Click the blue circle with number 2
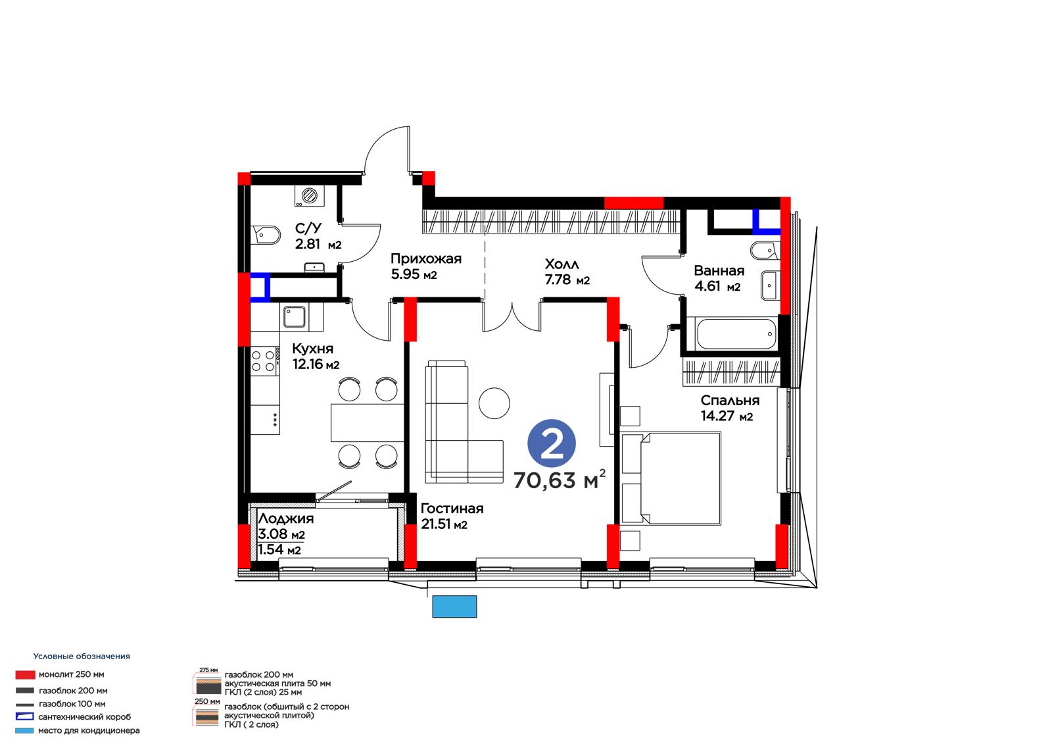(x=552, y=443)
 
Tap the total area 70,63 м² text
(x=560, y=480)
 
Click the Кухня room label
(x=313, y=349)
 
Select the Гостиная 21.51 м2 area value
(x=444, y=524)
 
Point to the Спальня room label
(x=730, y=401)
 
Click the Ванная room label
(x=719, y=271)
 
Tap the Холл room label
(x=562, y=264)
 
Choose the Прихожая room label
(x=426, y=259)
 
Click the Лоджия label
(x=286, y=519)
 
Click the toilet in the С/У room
(x=266, y=235)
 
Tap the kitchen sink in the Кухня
(x=295, y=317)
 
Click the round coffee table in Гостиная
(x=494, y=403)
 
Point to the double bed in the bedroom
(x=671, y=478)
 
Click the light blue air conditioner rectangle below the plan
(x=454, y=607)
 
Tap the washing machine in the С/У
(x=310, y=196)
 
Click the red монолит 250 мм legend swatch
(x=26, y=675)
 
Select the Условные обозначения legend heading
(x=82, y=656)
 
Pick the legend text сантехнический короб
(x=85, y=717)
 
